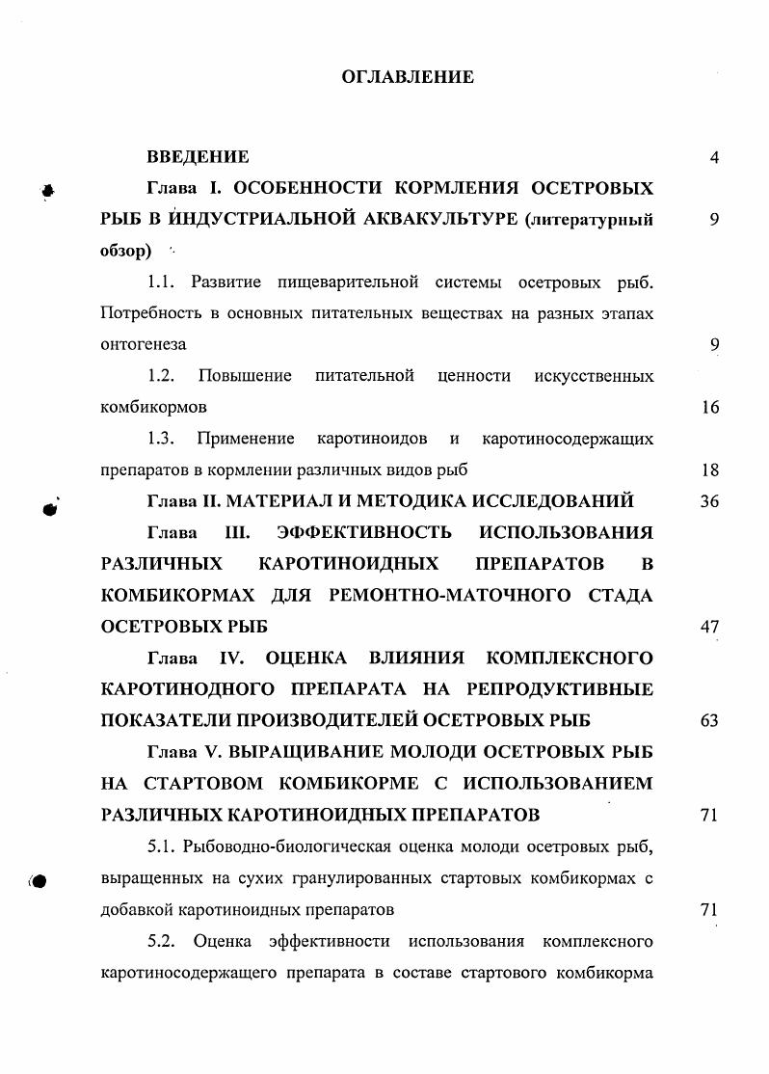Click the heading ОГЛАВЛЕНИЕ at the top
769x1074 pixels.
408,77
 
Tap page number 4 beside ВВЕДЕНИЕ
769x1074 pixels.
714,158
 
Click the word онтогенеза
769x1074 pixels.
144,344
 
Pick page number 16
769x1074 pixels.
711,408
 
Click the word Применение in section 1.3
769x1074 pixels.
246,439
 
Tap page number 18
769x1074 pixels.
711,470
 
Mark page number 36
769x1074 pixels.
710,502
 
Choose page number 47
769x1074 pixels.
710,627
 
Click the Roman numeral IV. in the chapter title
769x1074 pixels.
229,658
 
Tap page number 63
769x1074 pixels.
710,720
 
